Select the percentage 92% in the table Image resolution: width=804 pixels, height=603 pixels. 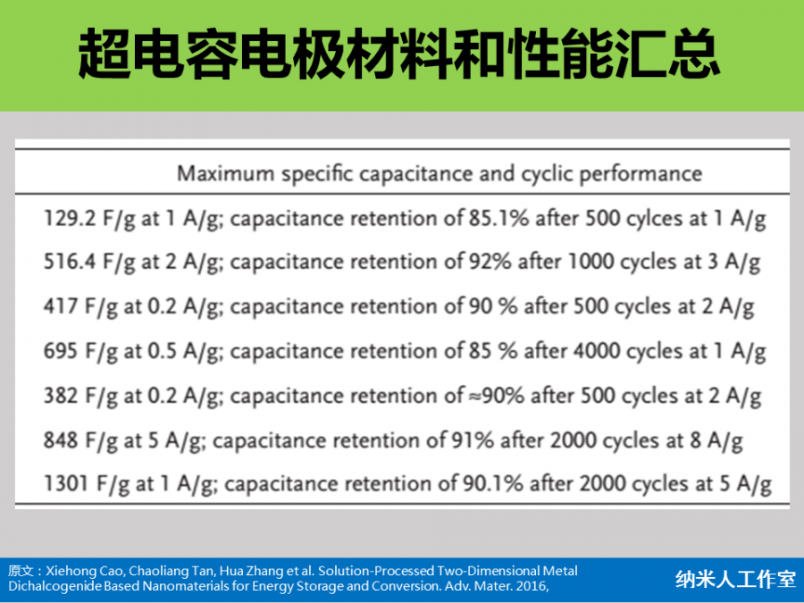pos(490,262)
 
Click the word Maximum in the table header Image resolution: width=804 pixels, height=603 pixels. pos(226,173)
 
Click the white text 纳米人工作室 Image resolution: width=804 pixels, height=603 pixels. pos(735,579)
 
